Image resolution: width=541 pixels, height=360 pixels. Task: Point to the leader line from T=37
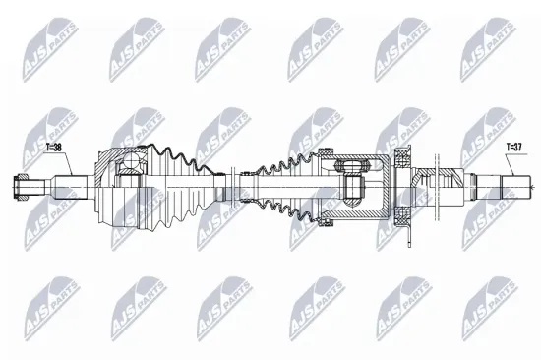(508, 163)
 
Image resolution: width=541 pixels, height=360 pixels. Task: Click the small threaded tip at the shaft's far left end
(19, 183)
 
